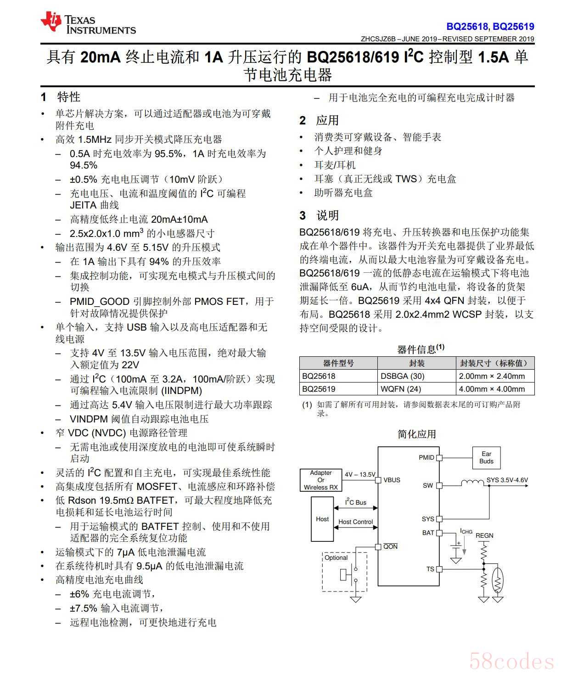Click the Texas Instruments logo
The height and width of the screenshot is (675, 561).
point(88,23)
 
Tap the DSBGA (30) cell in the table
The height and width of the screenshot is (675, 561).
point(402,376)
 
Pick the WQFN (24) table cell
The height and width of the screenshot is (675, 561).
point(400,389)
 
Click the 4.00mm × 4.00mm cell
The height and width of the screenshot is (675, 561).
point(492,389)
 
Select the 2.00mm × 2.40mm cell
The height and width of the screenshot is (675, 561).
point(492,376)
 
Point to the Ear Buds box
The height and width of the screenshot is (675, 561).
point(486,458)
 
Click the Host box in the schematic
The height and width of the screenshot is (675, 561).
point(322,519)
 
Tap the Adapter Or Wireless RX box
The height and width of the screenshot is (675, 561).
point(321,480)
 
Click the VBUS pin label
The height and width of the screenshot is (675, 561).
point(392,480)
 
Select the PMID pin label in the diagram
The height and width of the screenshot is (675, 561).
point(426,457)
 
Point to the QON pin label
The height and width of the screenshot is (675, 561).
point(390,546)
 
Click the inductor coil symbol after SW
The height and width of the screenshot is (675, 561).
point(472,483)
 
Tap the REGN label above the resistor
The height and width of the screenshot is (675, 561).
point(484,535)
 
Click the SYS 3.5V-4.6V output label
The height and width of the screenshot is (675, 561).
point(507,480)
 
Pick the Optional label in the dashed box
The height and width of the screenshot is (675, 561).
point(336,558)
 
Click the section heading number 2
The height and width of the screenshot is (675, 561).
point(303,120)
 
